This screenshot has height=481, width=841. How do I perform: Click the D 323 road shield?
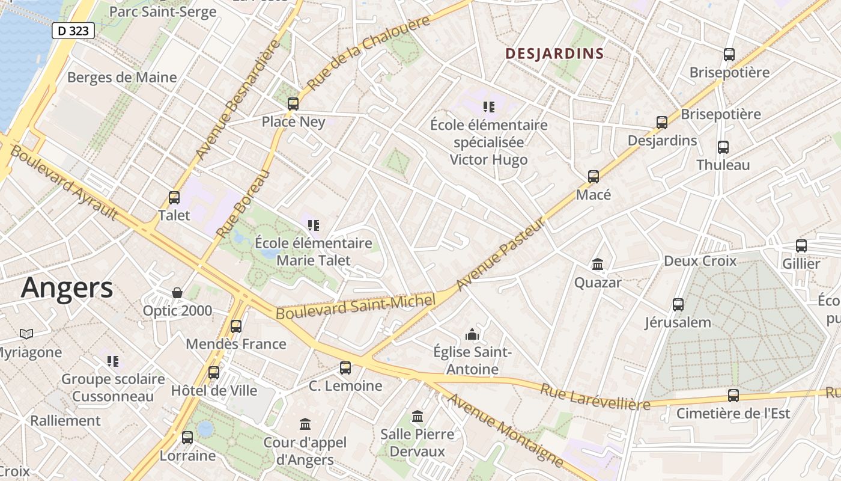(x=73, y=31)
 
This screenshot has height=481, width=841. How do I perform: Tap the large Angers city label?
(x=67, y=288)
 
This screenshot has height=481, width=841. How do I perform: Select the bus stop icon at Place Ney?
(x=293, y=103)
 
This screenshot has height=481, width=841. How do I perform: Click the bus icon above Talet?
(x=174, y=197)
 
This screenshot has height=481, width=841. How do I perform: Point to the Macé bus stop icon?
(x=594, y=177)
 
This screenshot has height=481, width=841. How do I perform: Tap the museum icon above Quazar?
(x=598, y=264)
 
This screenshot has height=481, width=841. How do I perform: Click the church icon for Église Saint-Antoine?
(x=472, y=334)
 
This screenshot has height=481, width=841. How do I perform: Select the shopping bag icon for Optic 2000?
(x=177, y=293)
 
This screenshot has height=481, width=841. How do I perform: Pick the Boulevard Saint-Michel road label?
(x=355, y=307)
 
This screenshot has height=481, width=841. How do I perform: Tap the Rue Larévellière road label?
(x=595, y=397)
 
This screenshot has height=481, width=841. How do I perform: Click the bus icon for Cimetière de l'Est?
(x=733, y=395)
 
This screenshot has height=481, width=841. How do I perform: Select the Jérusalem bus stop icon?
(x=678, y=304)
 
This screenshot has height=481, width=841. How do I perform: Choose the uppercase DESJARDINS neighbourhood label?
(x=554, y=54)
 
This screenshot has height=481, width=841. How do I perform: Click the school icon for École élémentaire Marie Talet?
(x=313, y=225)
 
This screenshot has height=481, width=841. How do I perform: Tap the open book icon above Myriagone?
(x=26, y=334)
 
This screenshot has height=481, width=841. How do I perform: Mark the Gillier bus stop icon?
(x=801, y=245)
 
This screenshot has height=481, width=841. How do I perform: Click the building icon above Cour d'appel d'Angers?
(x=305, y=424)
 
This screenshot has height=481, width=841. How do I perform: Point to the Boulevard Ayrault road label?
(x=64, y=182)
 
